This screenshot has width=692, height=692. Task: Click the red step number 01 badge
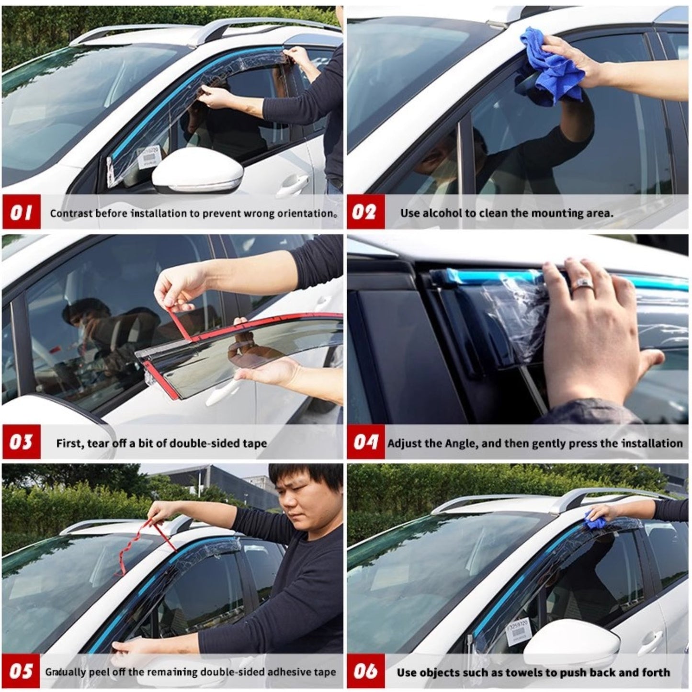tap(22, 212)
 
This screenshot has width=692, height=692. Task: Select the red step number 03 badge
tap(22, 442)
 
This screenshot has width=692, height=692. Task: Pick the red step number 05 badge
tap(22, 671)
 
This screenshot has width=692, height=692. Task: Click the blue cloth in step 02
tap(553, 65)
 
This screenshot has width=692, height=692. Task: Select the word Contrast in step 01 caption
tap(71, 213)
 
